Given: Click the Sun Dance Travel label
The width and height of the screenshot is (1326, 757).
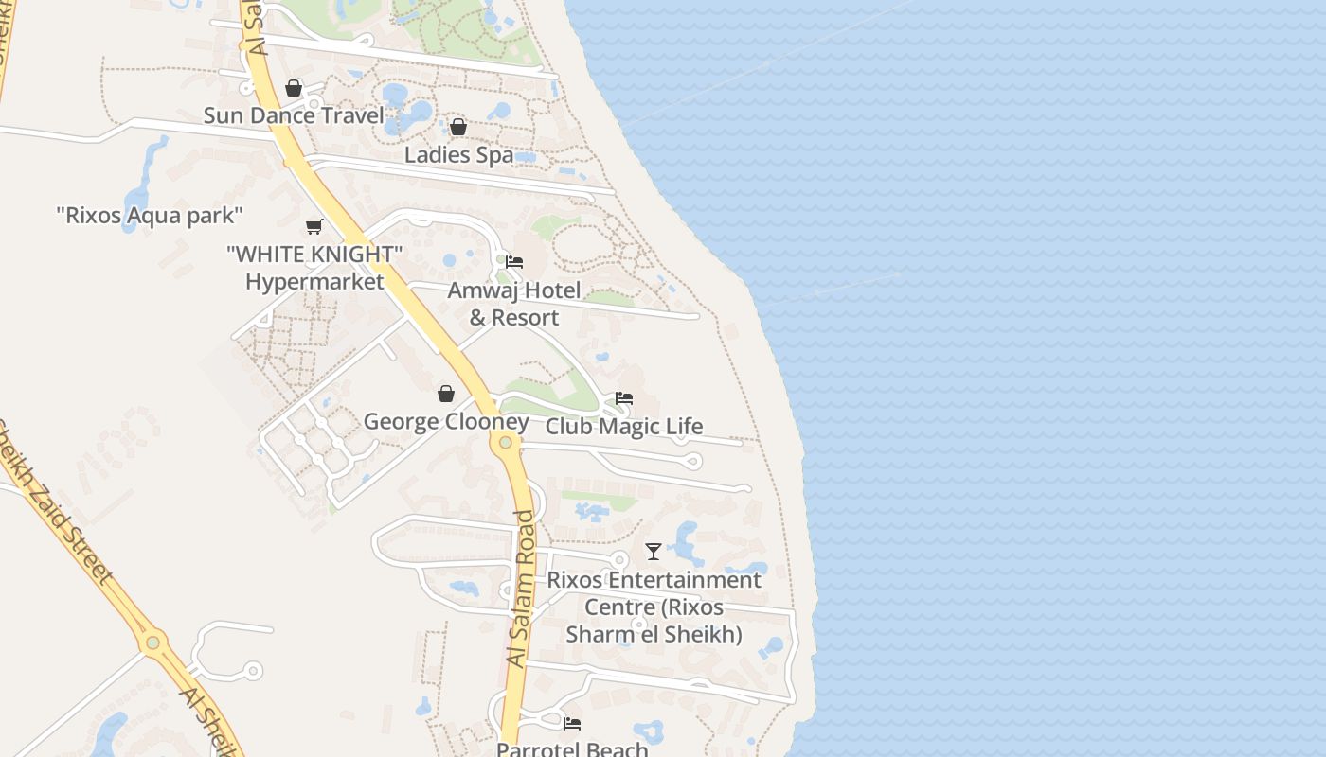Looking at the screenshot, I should tap(294, 116).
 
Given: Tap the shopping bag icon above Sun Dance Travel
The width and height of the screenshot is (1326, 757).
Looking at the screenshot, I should tap(294, 88).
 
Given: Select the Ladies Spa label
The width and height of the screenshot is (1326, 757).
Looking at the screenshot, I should tap(458, 155).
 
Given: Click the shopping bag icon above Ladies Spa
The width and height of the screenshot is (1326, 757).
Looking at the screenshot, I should tap(458, 127).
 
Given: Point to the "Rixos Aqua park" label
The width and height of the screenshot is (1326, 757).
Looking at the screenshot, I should tap(150, 216).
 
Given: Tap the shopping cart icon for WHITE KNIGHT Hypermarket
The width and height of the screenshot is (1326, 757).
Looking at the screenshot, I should tap(314, 226).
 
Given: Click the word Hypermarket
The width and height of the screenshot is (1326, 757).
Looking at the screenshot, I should tap(314, 282).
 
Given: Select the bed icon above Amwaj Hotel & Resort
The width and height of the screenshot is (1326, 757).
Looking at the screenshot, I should tap(514, 262).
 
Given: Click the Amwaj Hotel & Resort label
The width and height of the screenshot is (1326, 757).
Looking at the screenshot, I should tap(514, 304).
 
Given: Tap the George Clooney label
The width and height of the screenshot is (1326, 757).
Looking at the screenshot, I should tap(446, 422).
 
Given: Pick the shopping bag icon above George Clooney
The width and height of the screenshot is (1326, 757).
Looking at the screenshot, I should tap(446, 394).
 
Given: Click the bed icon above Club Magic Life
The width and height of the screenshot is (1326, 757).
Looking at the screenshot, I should tap(624, 398).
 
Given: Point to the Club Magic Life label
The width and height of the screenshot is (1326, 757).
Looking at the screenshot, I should tap(624, 427).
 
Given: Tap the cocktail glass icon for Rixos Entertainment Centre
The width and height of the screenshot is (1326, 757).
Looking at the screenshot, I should tap(654, 551).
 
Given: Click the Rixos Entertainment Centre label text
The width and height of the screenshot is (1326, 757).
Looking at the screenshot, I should tap(654, 607).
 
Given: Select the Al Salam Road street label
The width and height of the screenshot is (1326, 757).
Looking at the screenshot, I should tap(522, 589).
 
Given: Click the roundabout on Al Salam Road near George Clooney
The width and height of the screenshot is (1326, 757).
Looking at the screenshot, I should tap(506, 442).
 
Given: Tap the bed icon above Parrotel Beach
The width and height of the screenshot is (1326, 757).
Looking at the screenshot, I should tap(572, 724).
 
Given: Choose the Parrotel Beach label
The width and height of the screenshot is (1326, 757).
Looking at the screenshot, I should tap(572, 749).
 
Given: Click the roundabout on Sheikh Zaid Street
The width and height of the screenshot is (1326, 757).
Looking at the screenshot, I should tap(152, 643).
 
